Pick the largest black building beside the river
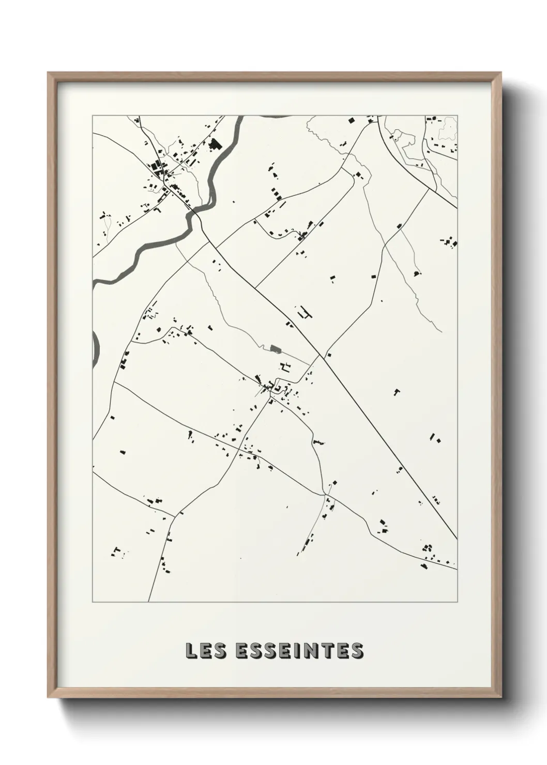tap(214, 144)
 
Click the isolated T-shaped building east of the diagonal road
tap(397, 392)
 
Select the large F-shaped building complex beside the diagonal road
tap(305, 313)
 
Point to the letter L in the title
tap(191, 651)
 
